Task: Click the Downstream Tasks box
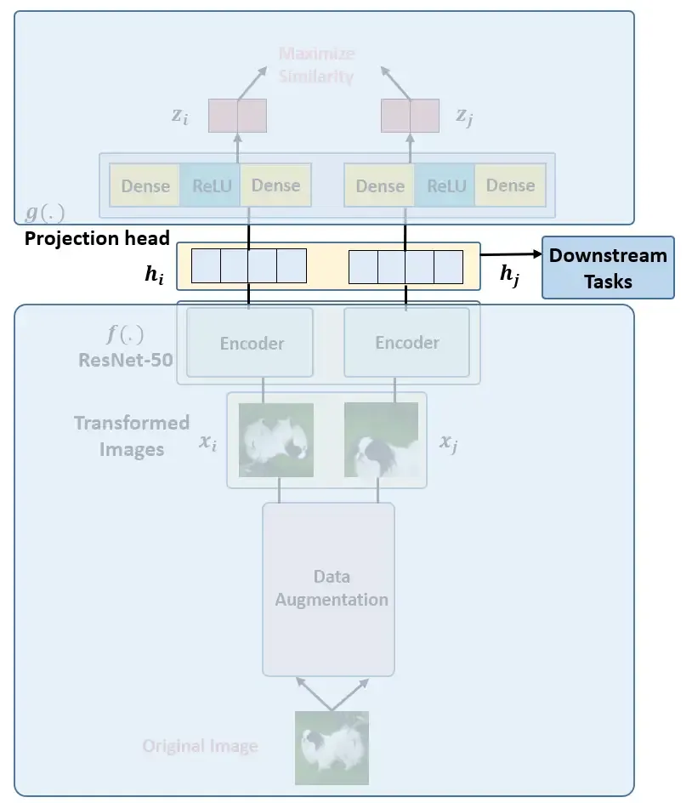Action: pos(608,267)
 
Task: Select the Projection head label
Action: pos(97,238)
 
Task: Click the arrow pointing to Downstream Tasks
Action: pos(511,253)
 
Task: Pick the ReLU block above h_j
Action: pos(445,185)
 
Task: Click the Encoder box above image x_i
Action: pos(251,343)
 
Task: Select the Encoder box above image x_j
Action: pos(406,342)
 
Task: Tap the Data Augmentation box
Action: pos(329,588)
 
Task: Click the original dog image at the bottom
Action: pos(332,747)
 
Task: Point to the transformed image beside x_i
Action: pos(276,439)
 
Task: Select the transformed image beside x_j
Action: pos(381,439)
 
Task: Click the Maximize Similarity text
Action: pos(316,65)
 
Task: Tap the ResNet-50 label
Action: pos(126,359)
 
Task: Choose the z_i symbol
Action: pos(179,117)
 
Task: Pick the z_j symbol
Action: pos(464,117)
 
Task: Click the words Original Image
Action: pos(200,747)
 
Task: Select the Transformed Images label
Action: pos(131,436)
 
